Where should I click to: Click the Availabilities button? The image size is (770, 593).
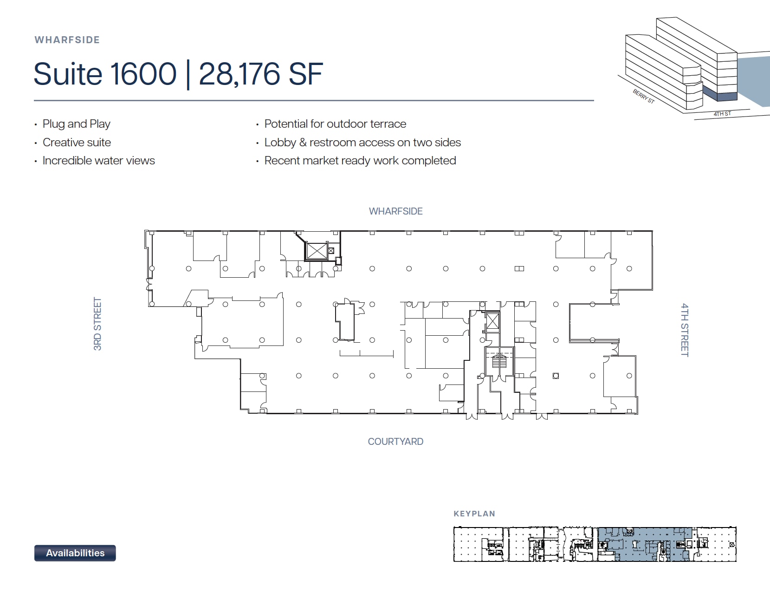(75, 553)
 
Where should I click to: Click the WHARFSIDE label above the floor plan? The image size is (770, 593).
(395, 211)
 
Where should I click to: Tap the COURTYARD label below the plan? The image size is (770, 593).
(395, 442)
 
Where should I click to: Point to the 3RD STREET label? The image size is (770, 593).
(97, 324)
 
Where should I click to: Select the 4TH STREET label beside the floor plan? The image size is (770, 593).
(685, 330)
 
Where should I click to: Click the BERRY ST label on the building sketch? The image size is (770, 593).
(644, 97)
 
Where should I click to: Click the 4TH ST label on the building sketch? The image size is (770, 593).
(722, 114)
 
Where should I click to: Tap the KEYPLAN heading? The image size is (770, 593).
(474, 514)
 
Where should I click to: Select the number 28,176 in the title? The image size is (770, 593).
(239, 74)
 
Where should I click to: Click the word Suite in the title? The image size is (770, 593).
(68, 74)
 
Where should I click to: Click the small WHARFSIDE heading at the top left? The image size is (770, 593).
(67, 40)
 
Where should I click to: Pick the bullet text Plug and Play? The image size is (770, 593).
(77, 124)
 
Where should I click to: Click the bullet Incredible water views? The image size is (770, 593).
(98, 161)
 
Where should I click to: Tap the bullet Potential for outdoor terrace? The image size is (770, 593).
(335, 124)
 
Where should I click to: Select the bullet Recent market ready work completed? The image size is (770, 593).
(360, 161)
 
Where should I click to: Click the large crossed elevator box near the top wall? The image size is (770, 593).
(317, 251)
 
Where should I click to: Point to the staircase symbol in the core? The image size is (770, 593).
(499, 361)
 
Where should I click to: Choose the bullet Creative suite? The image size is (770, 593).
(77, 143)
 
